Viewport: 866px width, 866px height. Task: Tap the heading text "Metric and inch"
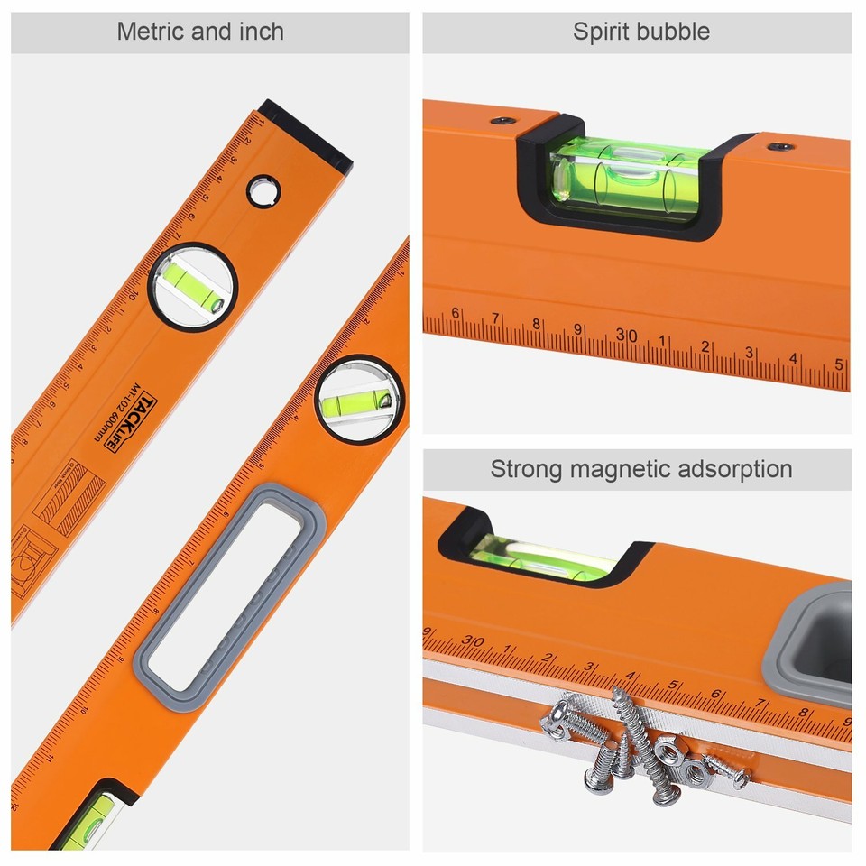point(200,32)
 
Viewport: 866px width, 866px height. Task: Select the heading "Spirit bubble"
point(640,32)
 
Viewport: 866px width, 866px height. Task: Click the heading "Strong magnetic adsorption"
point(640,469)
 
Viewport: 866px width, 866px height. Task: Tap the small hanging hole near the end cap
point(264,190)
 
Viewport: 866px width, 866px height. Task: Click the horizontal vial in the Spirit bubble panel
point(626,177)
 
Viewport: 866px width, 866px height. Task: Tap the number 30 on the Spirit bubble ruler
point(626,336)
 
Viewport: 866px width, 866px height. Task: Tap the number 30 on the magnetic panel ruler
point(472,641)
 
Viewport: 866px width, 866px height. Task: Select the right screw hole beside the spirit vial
point(779,145)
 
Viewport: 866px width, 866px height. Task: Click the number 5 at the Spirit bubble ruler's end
point(839,364)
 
